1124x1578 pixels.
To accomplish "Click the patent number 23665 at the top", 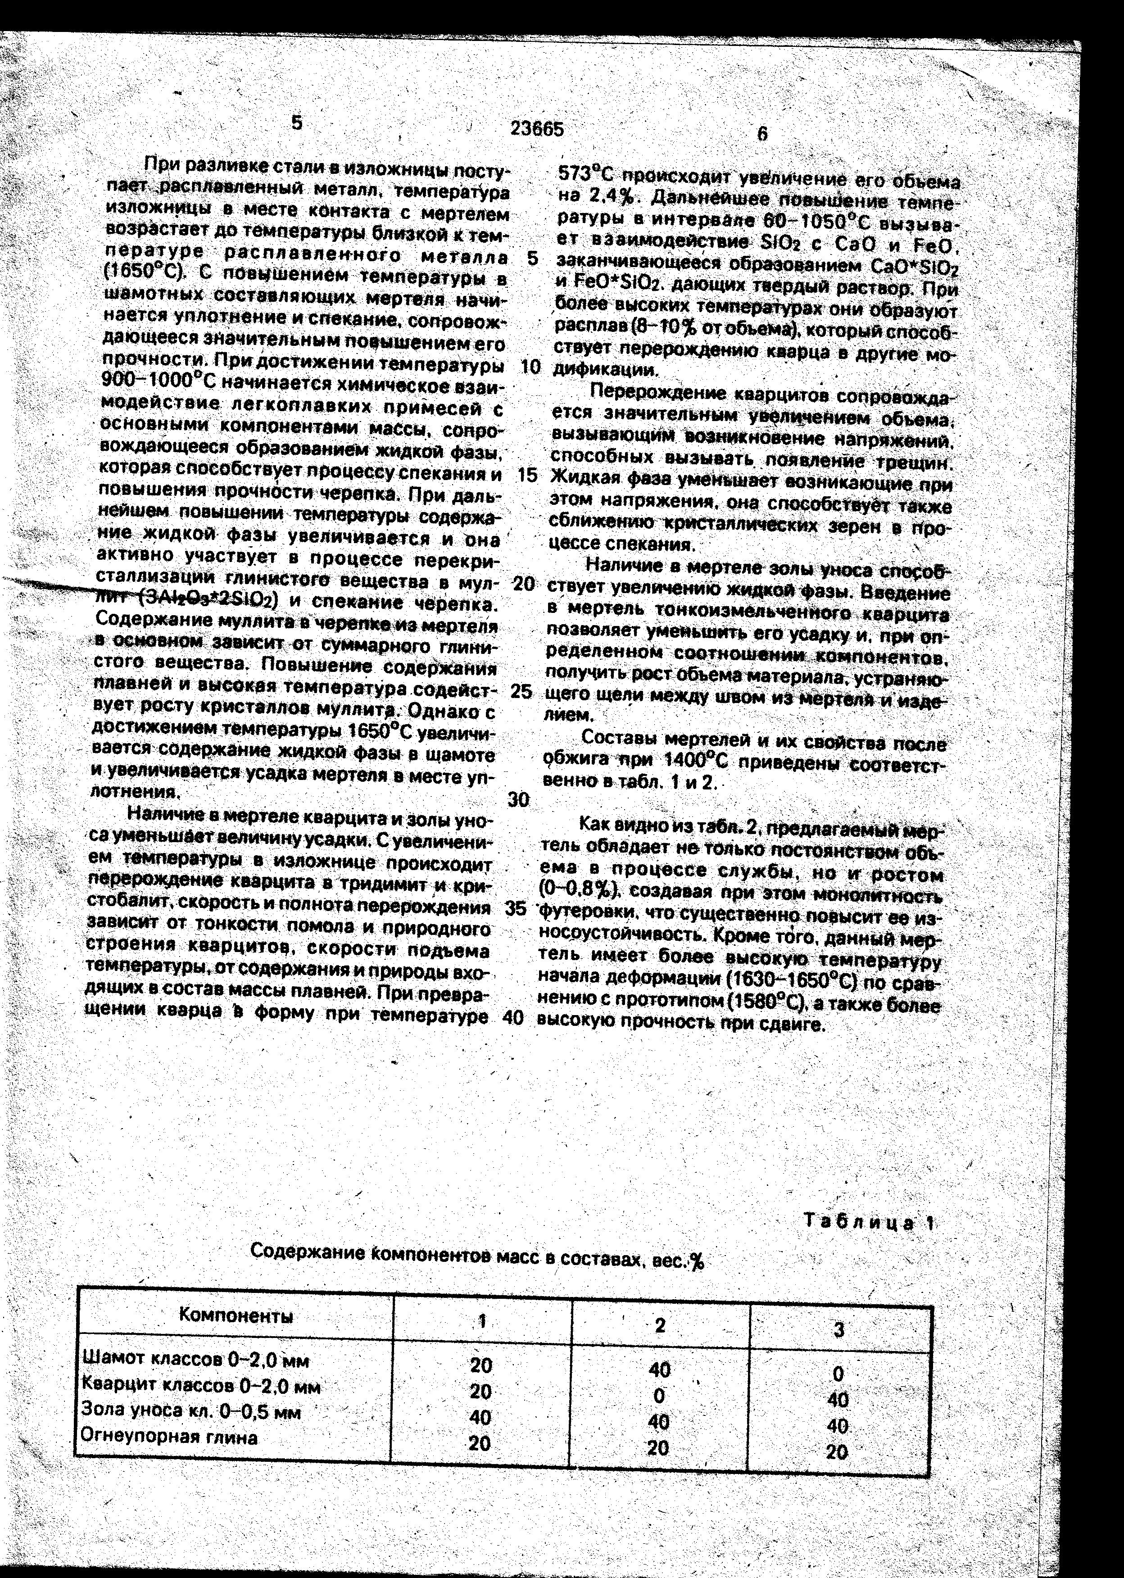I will coord(537,129).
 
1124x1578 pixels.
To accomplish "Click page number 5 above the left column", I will coord(297,122).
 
